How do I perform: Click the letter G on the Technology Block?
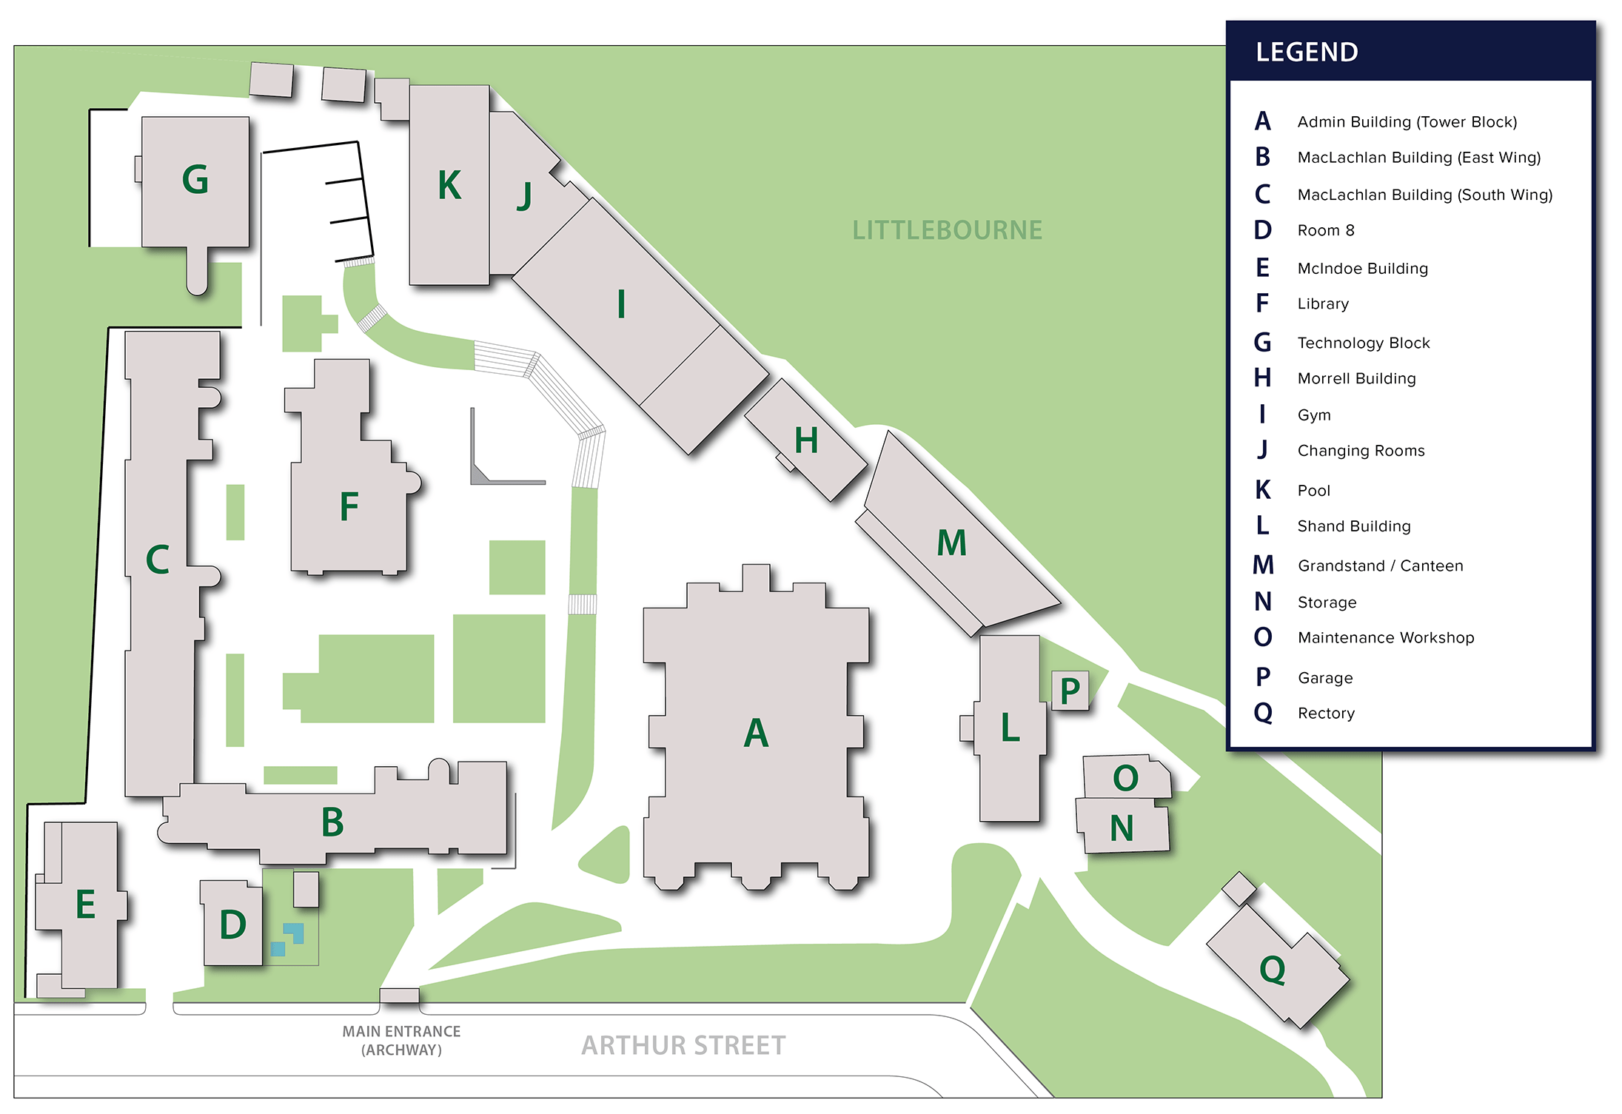[x=195, y=180]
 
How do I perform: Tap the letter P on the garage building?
[x=1070, y=691]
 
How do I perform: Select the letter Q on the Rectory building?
[x=1273, y=969]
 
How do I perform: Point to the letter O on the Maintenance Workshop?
[x=1125, y=778]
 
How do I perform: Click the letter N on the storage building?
[x=1122, y=828]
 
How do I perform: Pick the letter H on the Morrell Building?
[x=806, y=441]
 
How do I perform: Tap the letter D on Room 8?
[x=232, y=925]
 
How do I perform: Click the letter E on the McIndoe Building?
[x=85, y=905]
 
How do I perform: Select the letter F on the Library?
[x=349, y=507]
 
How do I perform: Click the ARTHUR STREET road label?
[x=683, y=1045]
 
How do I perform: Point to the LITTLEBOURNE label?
[x=947, y=230]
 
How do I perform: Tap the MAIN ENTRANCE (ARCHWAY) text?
[x=401, y=1040]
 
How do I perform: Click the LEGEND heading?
[x=1307, y=53]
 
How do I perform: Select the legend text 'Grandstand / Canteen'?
[x=1380, y=566]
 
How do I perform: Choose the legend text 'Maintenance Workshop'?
[x=1385, y=638]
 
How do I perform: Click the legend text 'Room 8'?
[x=1326, y=231]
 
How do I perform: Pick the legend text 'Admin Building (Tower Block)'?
[x=1407, y=122]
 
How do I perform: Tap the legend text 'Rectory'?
[x=1326, y=714]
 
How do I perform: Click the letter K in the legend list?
[x=1263, y=490]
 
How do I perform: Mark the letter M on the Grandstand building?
[x=951, y=543]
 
